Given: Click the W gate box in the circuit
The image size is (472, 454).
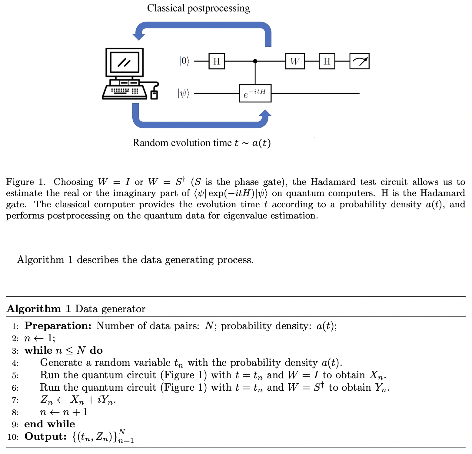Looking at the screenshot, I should click(x=295, y=61).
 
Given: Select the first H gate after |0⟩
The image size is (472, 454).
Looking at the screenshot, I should click(x=217, y=61).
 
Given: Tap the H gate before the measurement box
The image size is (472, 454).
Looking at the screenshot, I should click(x=327, y=61).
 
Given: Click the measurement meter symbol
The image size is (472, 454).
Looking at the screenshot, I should click(x=359, y=61).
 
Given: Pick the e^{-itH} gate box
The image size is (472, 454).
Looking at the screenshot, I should click(x=255, y=93).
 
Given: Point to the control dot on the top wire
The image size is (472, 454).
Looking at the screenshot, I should click(x=255, y=61).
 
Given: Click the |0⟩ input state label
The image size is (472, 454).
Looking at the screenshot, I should click(x=184, y=61).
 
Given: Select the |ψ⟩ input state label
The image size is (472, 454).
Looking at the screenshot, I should click(x=184, y=93).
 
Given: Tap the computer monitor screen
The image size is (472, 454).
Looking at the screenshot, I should click(x=125, y=62).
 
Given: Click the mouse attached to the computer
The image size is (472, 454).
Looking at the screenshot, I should click(x=154, y=95).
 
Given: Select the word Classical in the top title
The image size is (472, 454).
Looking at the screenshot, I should click(x=166, y=8).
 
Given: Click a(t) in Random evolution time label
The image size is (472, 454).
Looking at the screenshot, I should click(x=261, y=143).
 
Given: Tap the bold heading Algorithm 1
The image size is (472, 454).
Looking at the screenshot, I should click(x=39, y=309).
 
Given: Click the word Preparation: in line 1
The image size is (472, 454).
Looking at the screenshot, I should click(x=58, y=326).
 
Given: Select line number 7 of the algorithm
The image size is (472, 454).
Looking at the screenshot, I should click(x=15, y=400).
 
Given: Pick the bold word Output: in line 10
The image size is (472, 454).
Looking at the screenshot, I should click(x=45, y=437).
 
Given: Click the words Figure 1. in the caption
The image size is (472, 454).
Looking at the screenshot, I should click(x=26, y=182).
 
